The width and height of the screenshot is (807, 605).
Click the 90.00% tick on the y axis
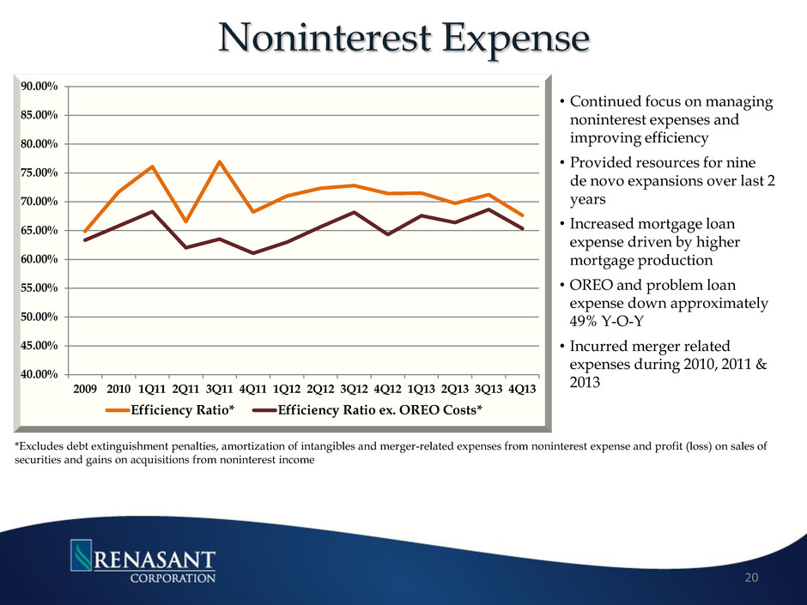coord(39,86)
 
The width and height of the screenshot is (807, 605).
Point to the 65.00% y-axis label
coord(39,230)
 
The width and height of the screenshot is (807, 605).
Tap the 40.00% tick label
coord(39,374)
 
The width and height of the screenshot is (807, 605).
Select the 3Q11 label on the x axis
coord(220,390)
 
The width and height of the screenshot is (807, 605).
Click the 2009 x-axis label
coord(84,390)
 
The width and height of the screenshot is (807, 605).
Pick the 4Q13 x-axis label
coord(523,390)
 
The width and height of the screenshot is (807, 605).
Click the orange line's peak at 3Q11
coord(220,161)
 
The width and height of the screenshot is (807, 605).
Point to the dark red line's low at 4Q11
coord(253,253)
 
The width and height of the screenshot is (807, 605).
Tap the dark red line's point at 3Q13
coord(489,209)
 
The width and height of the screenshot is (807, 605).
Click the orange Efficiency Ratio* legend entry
coord(176,410)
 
